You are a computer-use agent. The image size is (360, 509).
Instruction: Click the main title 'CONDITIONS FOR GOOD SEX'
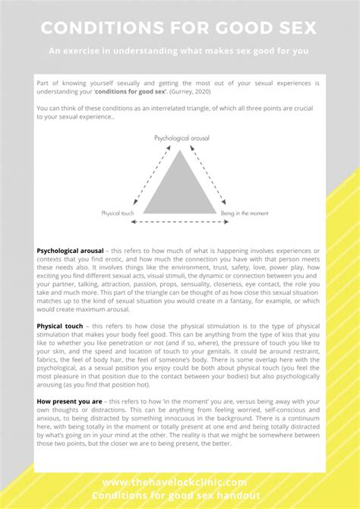(179, 28)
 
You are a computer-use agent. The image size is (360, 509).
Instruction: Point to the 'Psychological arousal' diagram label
(182, 139)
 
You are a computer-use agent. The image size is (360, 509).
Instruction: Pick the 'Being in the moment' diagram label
(242, 213)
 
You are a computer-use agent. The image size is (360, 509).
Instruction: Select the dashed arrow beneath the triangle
(180, 223)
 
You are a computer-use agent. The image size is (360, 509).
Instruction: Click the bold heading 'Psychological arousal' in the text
(69, 250)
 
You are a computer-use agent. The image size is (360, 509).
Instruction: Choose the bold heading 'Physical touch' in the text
(60, 327)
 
